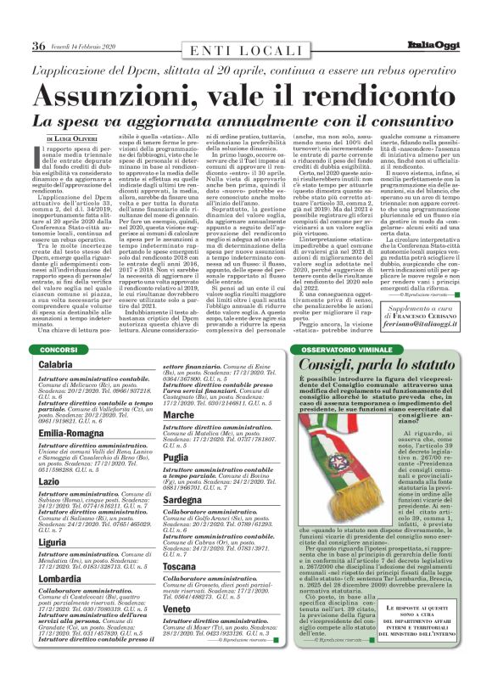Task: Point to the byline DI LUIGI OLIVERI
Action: tap(77, 138)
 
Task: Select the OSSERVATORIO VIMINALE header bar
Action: tap(348, 349)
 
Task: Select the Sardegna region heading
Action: tap(183, 500)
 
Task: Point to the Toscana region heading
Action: tap(180, 565)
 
